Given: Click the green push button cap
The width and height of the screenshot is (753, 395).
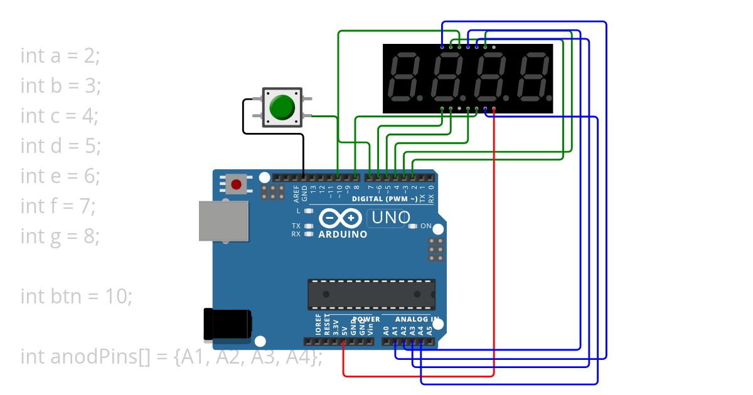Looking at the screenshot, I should point(282,107).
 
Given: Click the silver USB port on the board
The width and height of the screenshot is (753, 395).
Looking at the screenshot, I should point(223,221).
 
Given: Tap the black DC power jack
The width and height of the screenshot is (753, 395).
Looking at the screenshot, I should point(227,324).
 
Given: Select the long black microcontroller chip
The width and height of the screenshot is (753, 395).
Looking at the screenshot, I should point(371,294).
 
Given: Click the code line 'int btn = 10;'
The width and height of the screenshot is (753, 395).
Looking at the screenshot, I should point(77,296).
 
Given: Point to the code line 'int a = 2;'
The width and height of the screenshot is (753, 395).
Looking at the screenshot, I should point(60,55).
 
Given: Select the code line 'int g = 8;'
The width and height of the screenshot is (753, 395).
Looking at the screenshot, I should point(60,236).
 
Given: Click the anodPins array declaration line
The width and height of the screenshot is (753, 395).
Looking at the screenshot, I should point(171,356).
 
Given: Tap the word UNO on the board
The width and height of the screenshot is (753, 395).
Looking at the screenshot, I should point(390,218).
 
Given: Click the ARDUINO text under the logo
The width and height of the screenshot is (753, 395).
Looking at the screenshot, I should point(343,234).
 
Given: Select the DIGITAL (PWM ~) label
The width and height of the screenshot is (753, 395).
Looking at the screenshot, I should point(384,199).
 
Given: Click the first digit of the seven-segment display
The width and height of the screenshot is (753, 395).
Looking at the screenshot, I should point(405,78).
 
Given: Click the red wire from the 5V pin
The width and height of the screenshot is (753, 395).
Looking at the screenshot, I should point(419,376).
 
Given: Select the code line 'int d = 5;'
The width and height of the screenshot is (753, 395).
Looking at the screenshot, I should point(61,145).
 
